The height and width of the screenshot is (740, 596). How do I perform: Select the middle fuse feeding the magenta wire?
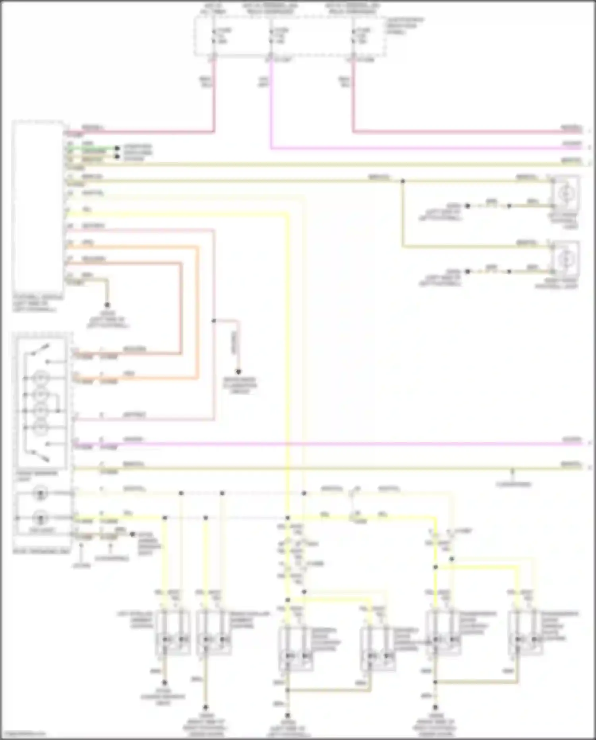[271, 36]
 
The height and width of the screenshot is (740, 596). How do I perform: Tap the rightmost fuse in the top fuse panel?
[353, 36]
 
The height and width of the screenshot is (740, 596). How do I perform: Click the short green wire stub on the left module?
[91, 150]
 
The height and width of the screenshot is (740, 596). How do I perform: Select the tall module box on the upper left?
[38, 207]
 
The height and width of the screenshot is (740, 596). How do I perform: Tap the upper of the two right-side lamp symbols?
[564, 194]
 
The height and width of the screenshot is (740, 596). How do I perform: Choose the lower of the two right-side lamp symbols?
[564, 259]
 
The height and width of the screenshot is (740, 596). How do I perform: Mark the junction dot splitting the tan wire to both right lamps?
[402, 181]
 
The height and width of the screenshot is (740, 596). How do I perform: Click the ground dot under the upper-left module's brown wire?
[107, 305]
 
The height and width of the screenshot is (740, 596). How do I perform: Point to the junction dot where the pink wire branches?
[214, 320]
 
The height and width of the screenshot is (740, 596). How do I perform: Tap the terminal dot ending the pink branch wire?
[238, 372]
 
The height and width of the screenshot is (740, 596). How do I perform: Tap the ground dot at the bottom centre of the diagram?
[288, 716]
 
